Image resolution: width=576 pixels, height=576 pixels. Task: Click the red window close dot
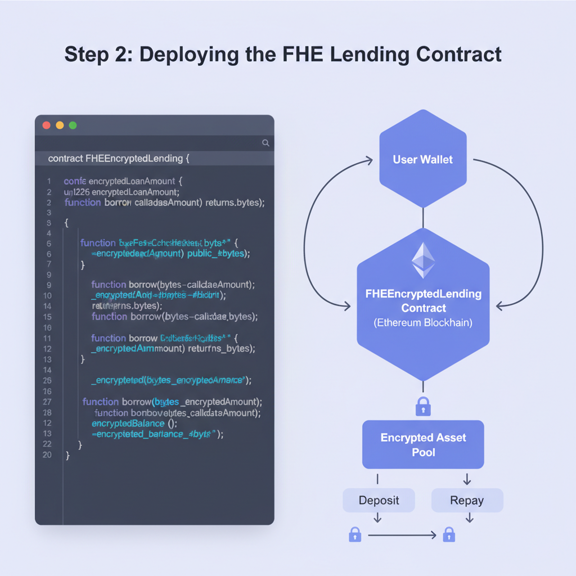47,125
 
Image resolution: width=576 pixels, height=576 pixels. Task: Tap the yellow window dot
60,125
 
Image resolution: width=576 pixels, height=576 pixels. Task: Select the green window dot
73,125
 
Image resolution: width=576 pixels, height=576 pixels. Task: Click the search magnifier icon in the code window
265,143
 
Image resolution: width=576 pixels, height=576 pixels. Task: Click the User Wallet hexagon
422,160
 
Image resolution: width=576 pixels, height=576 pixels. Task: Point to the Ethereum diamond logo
423,260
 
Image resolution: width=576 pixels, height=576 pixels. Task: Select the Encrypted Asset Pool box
423,444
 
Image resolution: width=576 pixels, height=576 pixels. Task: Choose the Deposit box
379,500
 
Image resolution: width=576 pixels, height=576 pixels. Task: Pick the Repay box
467,500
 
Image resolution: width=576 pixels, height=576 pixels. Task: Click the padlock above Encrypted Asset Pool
423,406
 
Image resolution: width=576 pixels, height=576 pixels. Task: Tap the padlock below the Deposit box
355,534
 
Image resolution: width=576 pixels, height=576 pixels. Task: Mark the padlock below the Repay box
448,534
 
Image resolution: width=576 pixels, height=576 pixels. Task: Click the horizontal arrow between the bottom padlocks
402,535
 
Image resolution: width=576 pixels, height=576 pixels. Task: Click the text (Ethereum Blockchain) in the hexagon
424,323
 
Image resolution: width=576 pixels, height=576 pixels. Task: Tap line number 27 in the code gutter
47,402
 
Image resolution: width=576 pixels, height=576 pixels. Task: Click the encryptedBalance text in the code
128,423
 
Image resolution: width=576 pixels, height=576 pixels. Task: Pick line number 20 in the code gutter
47,454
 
